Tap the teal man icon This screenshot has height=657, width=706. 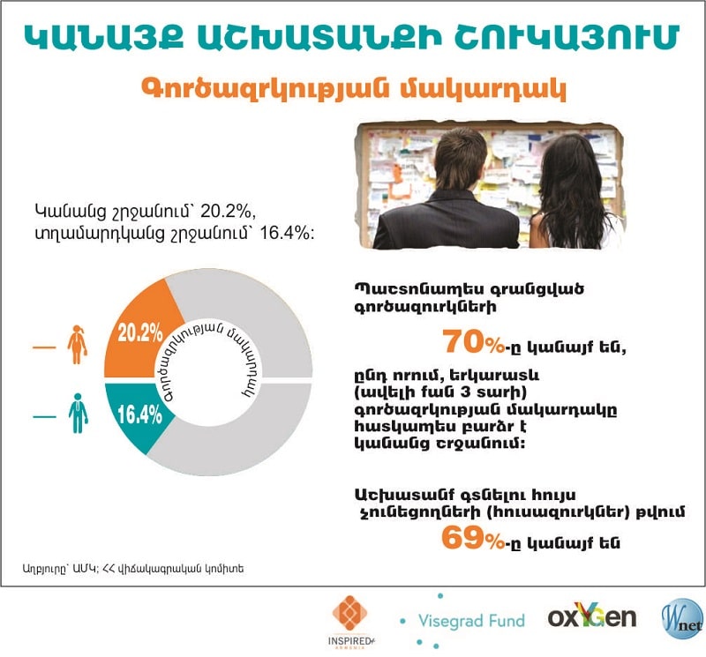pyautogui.click(x=79, y=413)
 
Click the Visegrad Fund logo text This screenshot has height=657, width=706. pyautogui.click(x=472, y=620)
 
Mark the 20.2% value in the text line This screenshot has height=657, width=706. pyautogui.click(x=229, y=211)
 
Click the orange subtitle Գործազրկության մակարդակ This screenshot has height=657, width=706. pyautogui.click(x=353, y=90)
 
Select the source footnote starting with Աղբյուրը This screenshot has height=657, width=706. pyautogui.click(x=133, y=569)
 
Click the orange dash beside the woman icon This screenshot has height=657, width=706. pyautogui.click(x=43, y=347)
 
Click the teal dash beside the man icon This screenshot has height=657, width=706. pyautogui.click(x=43, y=415)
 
